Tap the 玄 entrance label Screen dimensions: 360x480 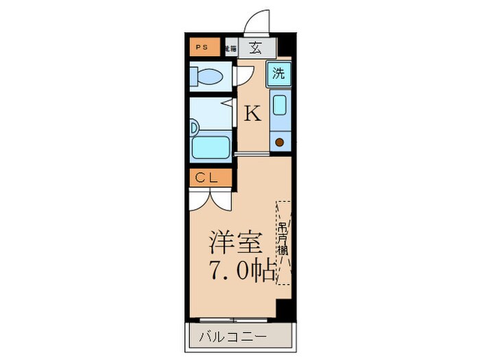pyautogui.click(x=255, y=47)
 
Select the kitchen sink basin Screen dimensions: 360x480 pyautogui.click(x=280, y=106)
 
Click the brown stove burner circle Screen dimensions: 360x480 pyautogui.click(x=280, y=143)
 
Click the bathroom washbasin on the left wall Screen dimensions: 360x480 pyautogui.click(x=194, y=127)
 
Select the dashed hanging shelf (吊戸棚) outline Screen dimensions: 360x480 pyautogui.click(x=283, y=242)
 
